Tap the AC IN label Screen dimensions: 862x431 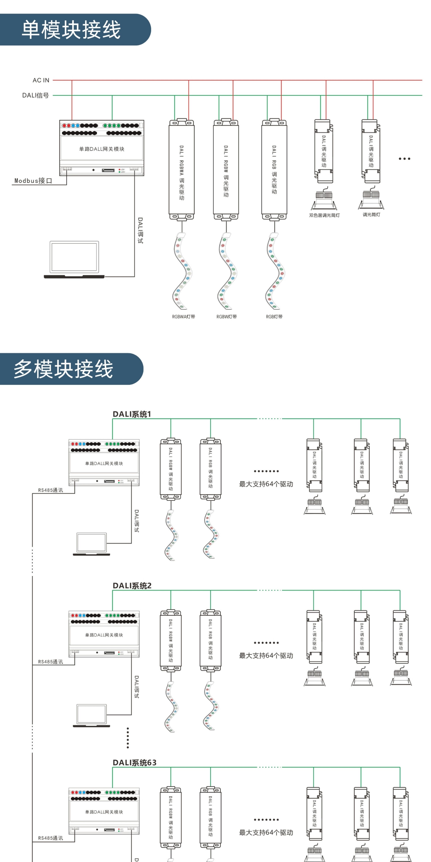point(41,80)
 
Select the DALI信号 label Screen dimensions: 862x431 point(35,95)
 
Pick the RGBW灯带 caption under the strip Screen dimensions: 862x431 point(227,316)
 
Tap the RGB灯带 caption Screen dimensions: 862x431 point(274,316)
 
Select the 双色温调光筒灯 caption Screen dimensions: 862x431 point(324,215)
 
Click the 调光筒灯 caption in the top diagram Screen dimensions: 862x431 point(371,214)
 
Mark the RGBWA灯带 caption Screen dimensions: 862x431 point(183,316)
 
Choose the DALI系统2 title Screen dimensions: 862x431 point(132,586)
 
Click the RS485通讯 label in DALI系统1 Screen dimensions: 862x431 point(51,490)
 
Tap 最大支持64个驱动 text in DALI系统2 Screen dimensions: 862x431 point(266,656)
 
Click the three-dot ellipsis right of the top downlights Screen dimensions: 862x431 point(404,159)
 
